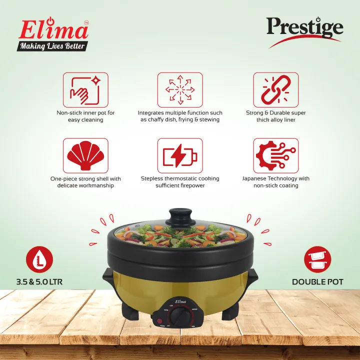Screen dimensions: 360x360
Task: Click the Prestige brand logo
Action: [x=304, y=28]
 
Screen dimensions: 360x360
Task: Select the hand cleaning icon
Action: [x=85, y=90]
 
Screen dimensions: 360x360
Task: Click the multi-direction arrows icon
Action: [x=180, y=90]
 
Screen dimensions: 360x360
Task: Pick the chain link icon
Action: [x=275, y=90]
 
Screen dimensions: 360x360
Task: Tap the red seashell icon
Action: [x=85, y=155]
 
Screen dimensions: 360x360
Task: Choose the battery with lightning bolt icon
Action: [x=180, y=155]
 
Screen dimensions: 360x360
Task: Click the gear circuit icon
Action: [x=275, y=155]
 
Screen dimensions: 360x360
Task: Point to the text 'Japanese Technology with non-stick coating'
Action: [x=275, y=182]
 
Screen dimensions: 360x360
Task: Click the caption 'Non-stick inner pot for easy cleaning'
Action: [x=85, y=116]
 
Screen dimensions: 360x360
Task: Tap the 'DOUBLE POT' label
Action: [x=317, y=282]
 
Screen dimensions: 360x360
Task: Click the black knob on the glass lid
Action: [x=180, y=217]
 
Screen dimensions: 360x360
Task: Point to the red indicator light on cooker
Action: [x=160, y=321]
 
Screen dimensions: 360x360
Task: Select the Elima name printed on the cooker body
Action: [x=179, y=301]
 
